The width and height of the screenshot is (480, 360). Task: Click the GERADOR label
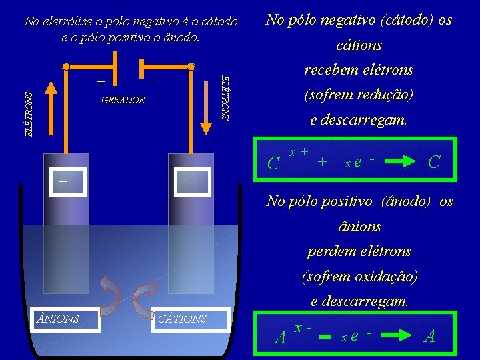(123, 100)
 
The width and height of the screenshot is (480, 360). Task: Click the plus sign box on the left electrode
(64, 181)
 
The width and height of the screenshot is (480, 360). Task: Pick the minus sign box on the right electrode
(191, 181)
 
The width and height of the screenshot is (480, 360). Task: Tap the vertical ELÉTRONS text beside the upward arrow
(29, 114)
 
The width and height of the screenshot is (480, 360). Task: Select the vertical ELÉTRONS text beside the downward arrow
(225, 97)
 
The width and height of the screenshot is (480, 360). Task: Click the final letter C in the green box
(433, 161)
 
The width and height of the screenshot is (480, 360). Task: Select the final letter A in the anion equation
(430, 336)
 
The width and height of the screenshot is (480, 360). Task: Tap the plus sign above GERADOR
(101, 83)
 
